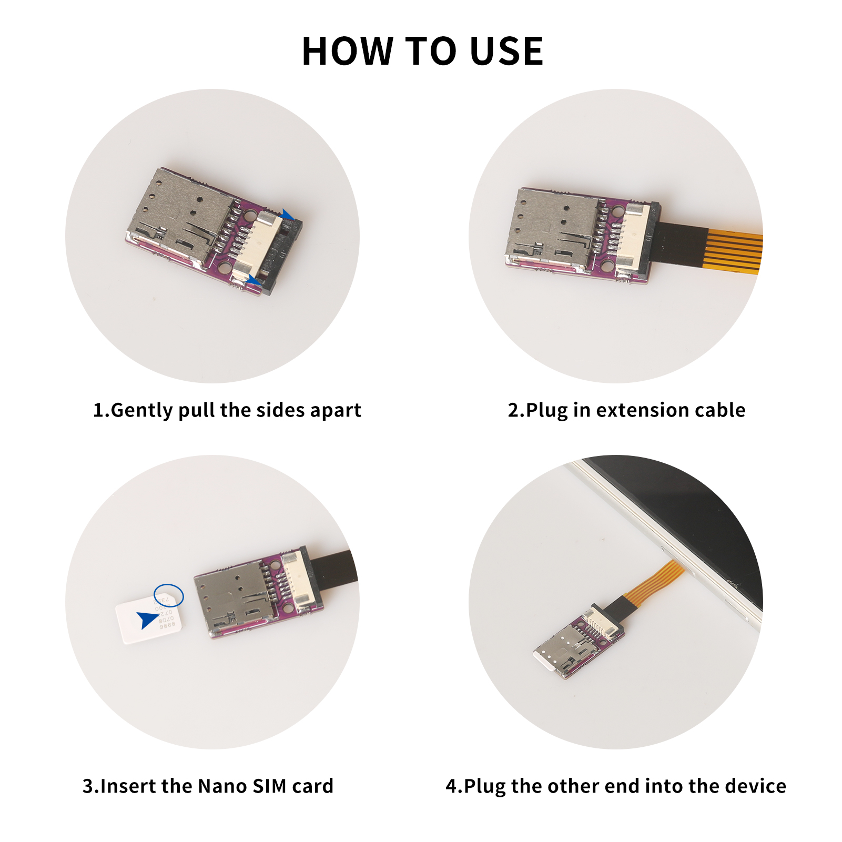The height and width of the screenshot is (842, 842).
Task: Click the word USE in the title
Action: click(506, 52)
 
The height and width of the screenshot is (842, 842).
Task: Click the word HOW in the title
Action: click(348, 52)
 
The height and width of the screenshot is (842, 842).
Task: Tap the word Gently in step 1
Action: click(141, 410)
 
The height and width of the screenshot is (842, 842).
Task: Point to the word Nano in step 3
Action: click(222, 786)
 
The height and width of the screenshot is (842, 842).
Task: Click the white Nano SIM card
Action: click(149, 618)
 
